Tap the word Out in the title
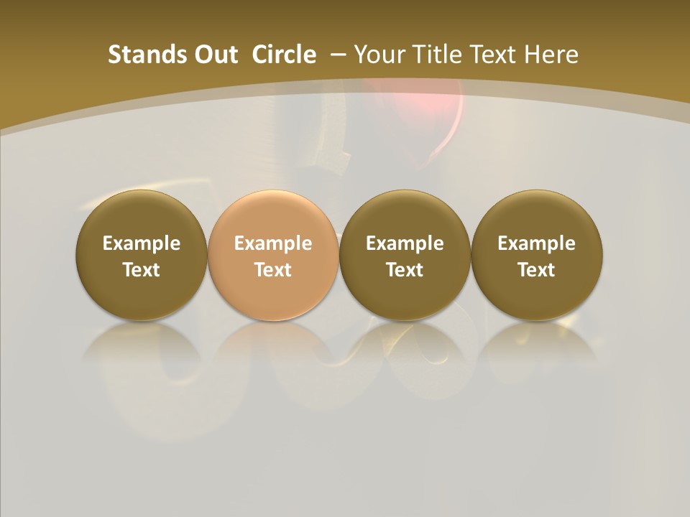[x=213, y=55]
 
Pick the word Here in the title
[x=551, y=55]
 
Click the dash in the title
[x=338, y=55]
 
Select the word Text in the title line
[x=494, y=55]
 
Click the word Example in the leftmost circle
[x=142, y=243]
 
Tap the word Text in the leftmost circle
[x=142, y=270]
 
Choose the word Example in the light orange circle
[x=273, y=243]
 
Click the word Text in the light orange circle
[x=273, y=270]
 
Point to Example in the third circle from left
[x=405, y=243]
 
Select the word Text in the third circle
[x=405, y=270]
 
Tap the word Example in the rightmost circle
[x=536, y=243]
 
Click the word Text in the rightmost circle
[x=536, y=270]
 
